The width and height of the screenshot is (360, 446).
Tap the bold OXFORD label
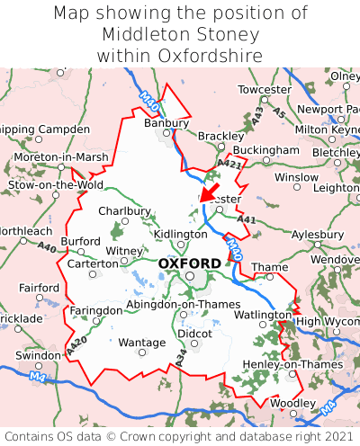[189, 263]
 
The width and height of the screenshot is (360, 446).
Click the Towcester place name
[264, 90]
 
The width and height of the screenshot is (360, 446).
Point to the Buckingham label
[265, 149]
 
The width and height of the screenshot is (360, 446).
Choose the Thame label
[270, 267]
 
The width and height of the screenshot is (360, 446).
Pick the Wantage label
[142, 343]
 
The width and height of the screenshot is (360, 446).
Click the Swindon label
[37, 355]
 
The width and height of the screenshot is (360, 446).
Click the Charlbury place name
[124, 211]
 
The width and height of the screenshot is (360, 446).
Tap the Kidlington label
[181, 234]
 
